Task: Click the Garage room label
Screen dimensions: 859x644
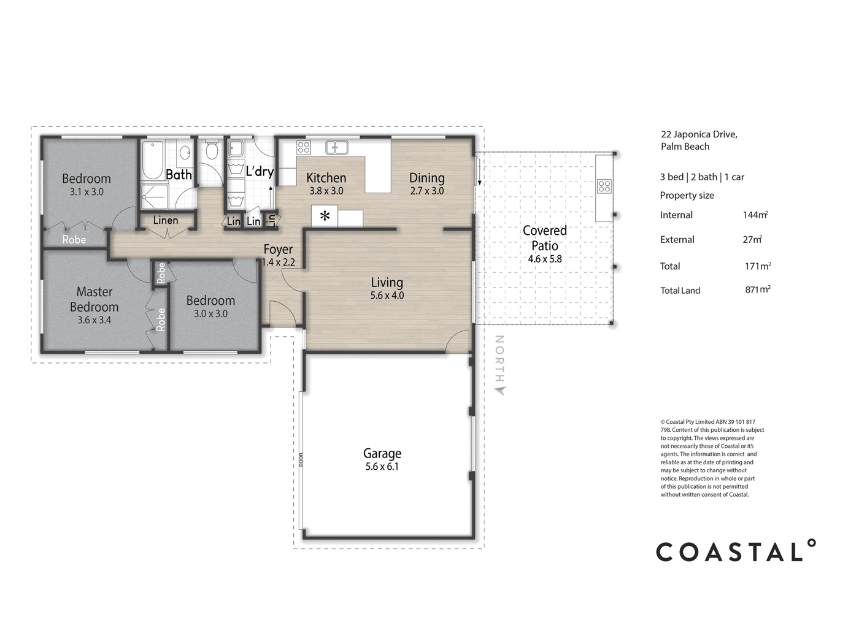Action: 382,453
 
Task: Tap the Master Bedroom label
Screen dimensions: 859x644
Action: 94,299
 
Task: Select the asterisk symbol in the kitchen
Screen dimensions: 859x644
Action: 325,216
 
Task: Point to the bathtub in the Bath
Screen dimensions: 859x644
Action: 152,159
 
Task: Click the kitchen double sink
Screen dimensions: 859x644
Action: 337,147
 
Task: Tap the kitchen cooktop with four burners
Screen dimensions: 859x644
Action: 304,147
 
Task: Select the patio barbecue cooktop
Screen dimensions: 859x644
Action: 604,186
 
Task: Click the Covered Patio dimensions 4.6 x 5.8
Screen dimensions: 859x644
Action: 545,259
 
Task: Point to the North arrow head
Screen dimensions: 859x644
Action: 501,391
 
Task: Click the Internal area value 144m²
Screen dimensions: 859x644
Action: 755,215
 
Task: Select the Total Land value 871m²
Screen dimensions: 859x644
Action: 758,289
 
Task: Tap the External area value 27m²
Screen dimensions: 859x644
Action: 752,239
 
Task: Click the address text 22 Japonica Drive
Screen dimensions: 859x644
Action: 699,134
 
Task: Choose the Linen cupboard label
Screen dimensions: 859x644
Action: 166,220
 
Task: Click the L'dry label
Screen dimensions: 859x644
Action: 260,171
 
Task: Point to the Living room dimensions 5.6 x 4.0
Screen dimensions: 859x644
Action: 387,295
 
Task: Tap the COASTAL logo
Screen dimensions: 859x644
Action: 736,551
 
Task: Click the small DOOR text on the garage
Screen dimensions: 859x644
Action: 301,460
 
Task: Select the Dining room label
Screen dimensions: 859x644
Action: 427,178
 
